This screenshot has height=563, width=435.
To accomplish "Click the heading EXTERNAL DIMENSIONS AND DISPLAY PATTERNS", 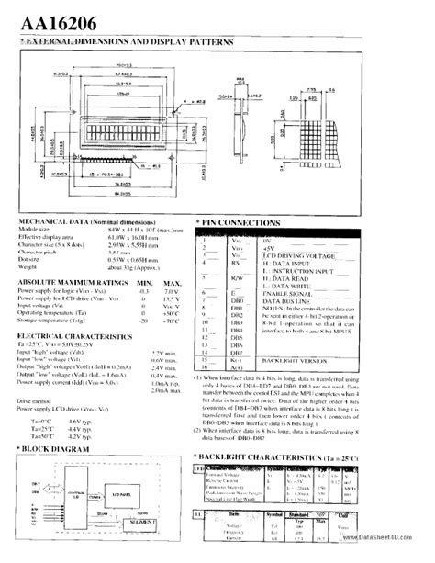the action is (128, 42).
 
